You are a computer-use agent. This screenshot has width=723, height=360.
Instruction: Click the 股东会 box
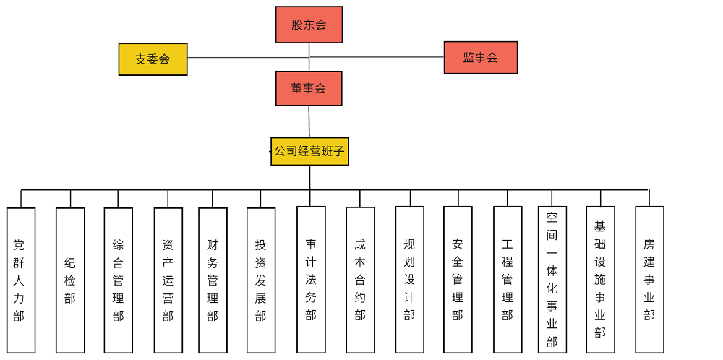click(x=309, y=25)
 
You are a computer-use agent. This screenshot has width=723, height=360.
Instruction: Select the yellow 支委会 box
click(x=153, y=59)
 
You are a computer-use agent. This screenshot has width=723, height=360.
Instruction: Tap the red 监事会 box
click(x=481, y=57)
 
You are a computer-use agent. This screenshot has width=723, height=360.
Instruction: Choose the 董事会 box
click(x=309, y=88)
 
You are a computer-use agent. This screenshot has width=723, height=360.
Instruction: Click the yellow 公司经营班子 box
click(x=309, y=152)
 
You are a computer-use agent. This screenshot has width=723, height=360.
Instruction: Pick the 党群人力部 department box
click(x=21, y=280)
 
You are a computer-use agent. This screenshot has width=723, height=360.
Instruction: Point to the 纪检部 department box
click(x=70, y=280)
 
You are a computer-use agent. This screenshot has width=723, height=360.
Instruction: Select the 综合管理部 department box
click(x=118, y=280)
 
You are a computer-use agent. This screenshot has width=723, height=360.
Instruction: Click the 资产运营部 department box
click(x=168, y=280)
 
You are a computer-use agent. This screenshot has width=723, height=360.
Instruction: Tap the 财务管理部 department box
click(x=213, y=280)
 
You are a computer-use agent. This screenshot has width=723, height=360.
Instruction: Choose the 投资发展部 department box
click(x=261, y=280)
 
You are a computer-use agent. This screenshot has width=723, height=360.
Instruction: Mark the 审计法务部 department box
click(x=311, y=280)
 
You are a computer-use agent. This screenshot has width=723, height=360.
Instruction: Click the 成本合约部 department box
click(x=360, y=280)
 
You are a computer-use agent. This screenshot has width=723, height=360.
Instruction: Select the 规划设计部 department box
click(x=409, y=280)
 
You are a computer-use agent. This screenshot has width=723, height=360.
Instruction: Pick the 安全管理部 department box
click(x=458, y=280)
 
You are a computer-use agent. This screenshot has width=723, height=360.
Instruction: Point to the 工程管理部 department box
click(x=508, y=280)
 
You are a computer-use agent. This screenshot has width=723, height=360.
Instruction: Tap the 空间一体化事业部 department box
click(x=552, y=280)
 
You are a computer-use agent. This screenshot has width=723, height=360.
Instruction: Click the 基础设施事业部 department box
click(x=600, y=280)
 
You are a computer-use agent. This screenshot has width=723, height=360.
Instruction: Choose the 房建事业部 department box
click(x=649, y=280)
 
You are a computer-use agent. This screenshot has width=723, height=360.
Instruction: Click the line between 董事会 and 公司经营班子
click(x=309, y=121)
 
